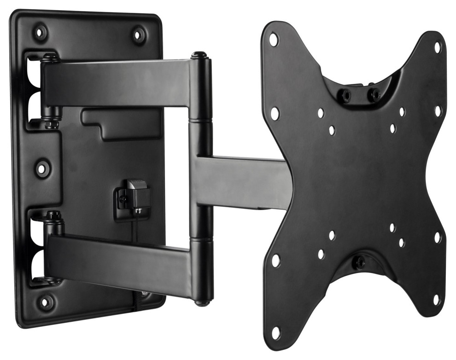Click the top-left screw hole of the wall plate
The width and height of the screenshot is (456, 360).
(41, 33)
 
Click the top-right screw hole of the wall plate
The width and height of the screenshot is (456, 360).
(138, 35)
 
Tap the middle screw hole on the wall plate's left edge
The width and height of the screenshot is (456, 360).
(41, 168)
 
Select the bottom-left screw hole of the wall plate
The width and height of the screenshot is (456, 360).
(45, 302)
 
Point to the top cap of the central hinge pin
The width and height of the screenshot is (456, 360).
(199, 55)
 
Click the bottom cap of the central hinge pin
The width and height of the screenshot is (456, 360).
(200, 302)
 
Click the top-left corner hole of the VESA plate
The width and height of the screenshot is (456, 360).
(274, 40)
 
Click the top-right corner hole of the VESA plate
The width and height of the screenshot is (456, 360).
(438, 47)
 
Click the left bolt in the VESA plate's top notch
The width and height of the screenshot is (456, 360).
(345, 95)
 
